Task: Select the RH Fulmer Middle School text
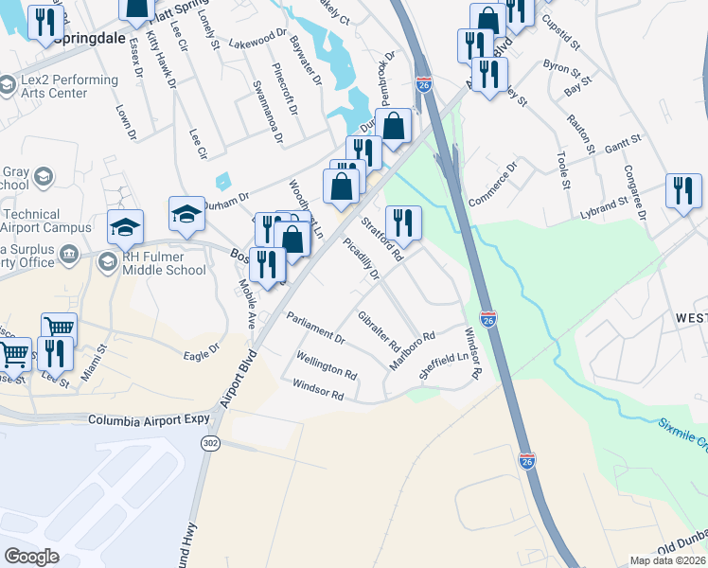click(163, 263)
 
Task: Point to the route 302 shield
click(209, 443)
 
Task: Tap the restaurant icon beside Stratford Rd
click(404, 223)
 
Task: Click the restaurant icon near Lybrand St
click(683, 191)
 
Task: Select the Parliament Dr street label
click(315, 328)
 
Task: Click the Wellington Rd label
click(326, 364)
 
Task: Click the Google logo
click(32, 556)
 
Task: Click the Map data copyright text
click(667, 560)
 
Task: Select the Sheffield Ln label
click(444, 363)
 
